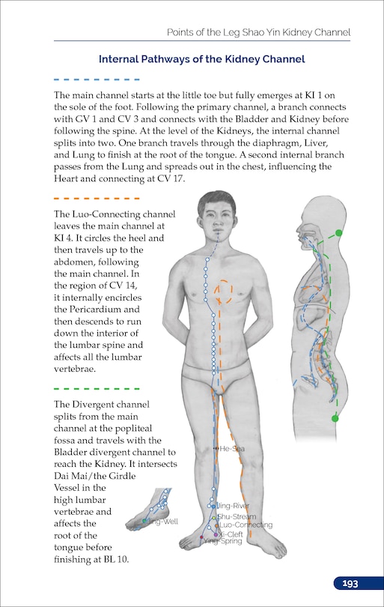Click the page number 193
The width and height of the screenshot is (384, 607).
pyautogui.click(x=350, y=584)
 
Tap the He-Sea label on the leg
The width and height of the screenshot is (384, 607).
pyautogui.click(x=232, y=448)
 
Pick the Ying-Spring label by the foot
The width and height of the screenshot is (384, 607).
pyautogui.click(x=223, y=541)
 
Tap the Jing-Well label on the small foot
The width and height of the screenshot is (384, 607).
pyautogui.click(x=164, y=521)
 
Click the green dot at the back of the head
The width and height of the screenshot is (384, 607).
pyautogui.click(x=338, y=233)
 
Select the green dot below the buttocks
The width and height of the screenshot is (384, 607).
pyautogui.click(x=335, y=418)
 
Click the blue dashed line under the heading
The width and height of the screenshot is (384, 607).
pyautogui.click(x=97, y=79)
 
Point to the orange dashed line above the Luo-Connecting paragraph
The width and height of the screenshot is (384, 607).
pyautogui.click(x=97, y=199)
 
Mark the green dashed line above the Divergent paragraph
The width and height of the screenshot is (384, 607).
pyautogui.click(x=97, y=389)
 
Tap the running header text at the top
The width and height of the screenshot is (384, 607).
pyautogui.click(x=258, y=32)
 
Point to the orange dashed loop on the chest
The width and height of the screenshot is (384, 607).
pyautogui.click(x=224, y=293)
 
